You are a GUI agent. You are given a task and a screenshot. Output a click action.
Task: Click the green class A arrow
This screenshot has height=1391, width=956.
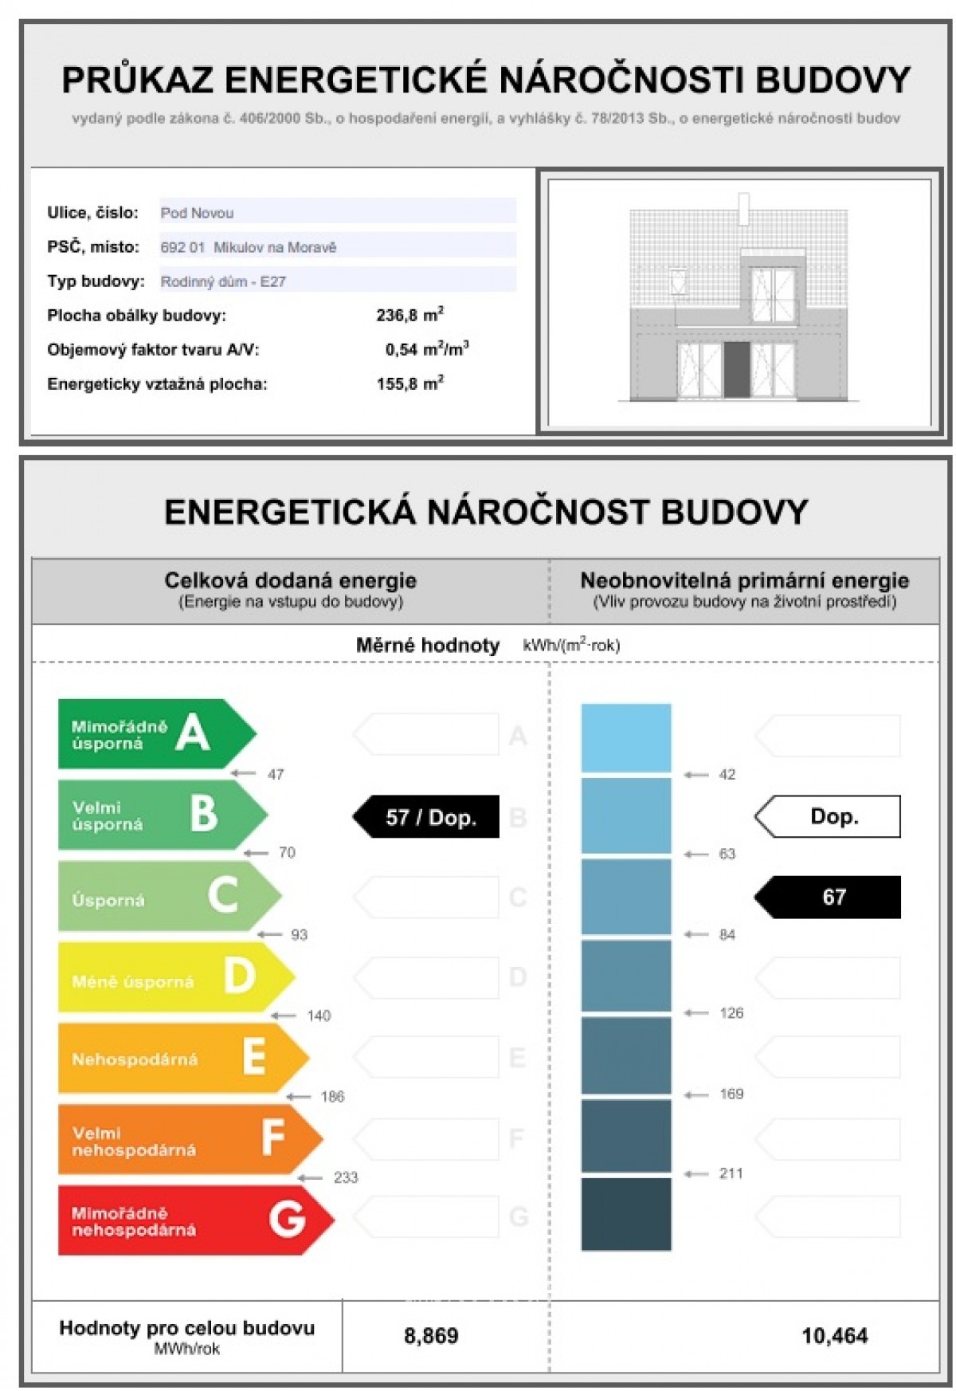click(151, 734)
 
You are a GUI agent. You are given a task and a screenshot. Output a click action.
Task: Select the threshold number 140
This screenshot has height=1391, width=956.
click(319, 1016)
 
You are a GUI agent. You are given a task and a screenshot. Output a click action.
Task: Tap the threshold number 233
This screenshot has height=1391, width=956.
click(346, 1177)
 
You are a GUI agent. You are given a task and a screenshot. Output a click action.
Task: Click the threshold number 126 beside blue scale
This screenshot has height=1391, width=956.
click(731, 1013)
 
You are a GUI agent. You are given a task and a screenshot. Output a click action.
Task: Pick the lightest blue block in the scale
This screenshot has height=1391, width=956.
click(626, 737)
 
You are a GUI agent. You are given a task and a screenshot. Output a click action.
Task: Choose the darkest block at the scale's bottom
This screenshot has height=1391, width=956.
click(626, 1214)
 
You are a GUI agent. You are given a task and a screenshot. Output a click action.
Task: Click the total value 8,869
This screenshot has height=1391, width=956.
click(431, 1336)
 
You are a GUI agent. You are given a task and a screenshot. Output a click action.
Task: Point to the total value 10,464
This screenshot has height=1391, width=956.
click(834, 1336)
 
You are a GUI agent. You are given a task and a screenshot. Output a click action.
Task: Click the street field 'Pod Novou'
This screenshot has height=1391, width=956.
click(197, 213)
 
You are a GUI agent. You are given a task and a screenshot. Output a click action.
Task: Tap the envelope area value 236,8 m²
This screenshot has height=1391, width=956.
click(409, 316)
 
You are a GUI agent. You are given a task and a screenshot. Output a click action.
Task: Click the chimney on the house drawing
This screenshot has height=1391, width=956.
click(743, 209)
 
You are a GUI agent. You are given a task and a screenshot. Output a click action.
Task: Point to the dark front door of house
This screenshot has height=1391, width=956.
click(736, 369)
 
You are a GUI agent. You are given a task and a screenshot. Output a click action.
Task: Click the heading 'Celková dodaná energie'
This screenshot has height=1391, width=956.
click(290, 580)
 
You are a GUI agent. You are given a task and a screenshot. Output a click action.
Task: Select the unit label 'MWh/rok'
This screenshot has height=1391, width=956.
click(186, 1349)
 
